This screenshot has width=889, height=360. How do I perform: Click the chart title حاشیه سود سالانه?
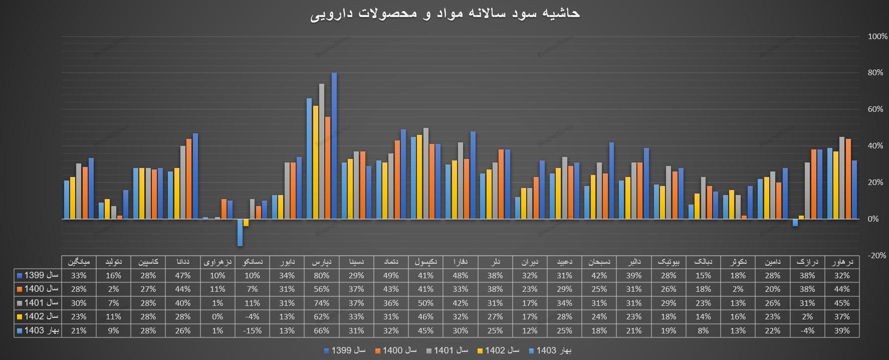click(x=444, y=14)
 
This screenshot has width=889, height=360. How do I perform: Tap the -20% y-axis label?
click(x=876, y=255)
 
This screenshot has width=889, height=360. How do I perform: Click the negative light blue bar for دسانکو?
click(x=240, y=232)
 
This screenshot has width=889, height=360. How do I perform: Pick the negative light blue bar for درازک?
click(x=795, y=223)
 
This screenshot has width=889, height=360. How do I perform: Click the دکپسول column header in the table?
click(x=425, y=262)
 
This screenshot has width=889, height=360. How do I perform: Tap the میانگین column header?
click(x=79, y=262)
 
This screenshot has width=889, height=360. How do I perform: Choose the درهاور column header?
click(x=842, y=262)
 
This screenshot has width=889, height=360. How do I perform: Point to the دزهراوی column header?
click(x=217, y=262)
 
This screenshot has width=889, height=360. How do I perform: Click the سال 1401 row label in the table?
click(x=38, y=303)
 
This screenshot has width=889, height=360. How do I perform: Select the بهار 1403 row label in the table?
click(x=38, y=330)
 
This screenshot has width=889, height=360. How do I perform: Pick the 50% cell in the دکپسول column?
click(x=425, y=303)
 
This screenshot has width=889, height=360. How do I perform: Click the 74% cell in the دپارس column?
click(x=321, y=303)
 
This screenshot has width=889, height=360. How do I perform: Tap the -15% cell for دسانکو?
click(x=252, y=330)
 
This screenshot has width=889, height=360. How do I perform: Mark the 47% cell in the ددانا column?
click(x=183, y=275)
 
